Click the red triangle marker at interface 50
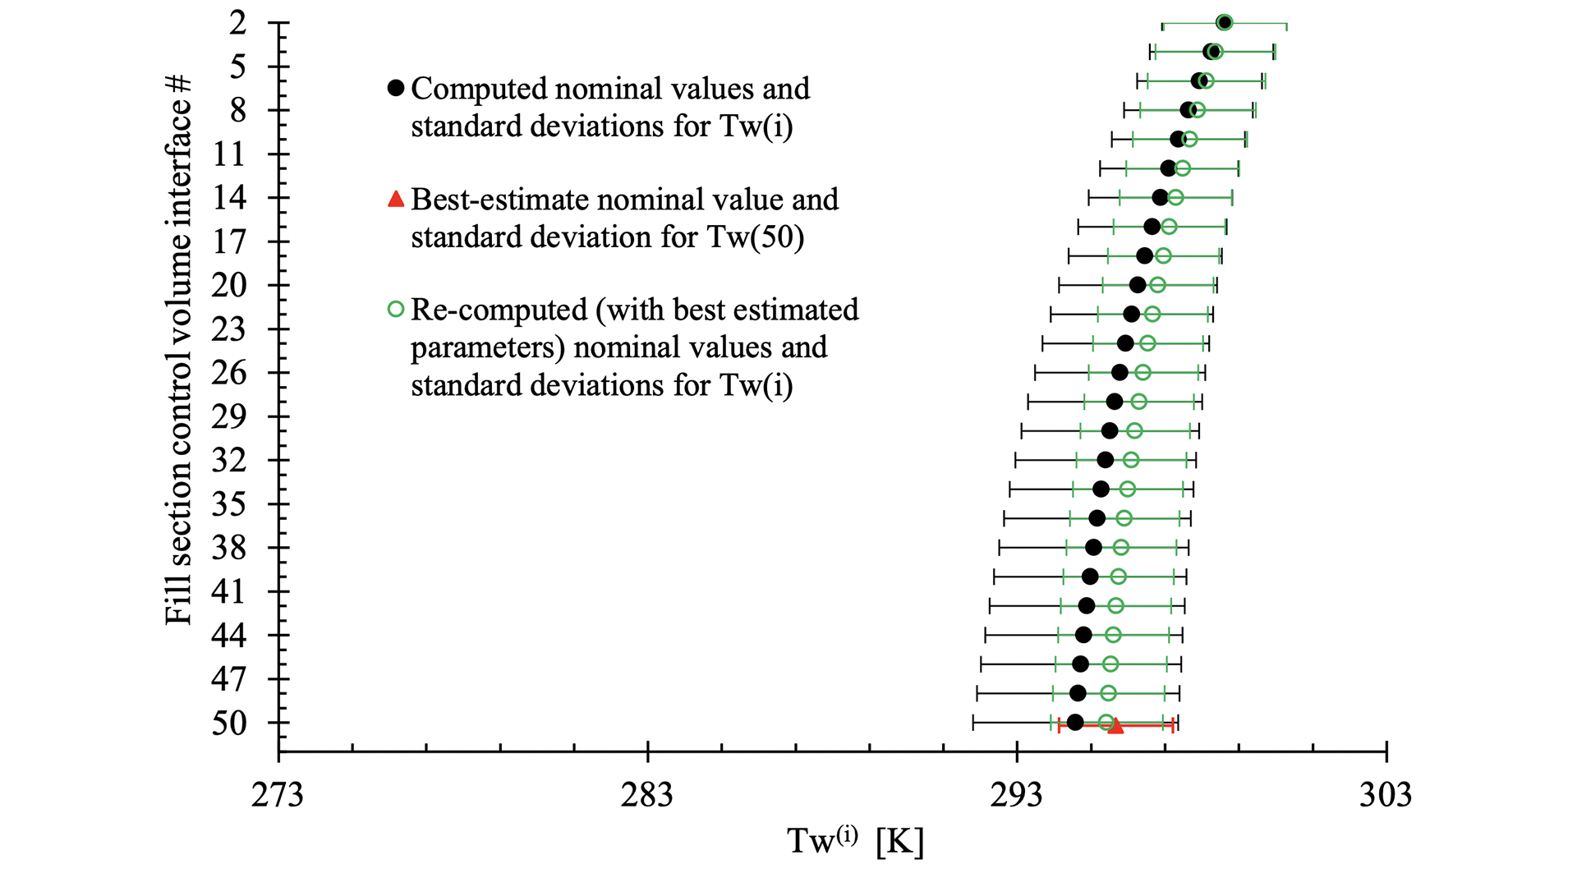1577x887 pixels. click(1115, 725)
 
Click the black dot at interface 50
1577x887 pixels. click(1075, 723)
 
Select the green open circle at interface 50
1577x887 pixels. click(1106, 723)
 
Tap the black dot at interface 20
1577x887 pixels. click(1138, 285)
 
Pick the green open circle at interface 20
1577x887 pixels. click(1157, 285)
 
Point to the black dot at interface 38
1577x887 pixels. click(1093, 547)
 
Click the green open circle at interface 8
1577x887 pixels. click(1198, 110)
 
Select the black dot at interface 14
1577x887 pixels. click(1160, 197)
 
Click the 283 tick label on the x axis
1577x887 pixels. click(647, 795)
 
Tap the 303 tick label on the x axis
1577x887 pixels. click(1386, 795)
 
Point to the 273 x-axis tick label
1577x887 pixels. click(278, 795)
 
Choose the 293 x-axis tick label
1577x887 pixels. click(1017, 795)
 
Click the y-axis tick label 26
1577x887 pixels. click(229, 373)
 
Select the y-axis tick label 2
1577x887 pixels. click(237, 23)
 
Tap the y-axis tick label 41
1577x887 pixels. click(229, 591)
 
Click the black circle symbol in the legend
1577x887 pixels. click(396, 88)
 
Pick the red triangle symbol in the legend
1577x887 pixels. click(396, 199)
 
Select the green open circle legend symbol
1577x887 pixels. click(396, 310)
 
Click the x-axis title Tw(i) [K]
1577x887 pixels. click(855, 841)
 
